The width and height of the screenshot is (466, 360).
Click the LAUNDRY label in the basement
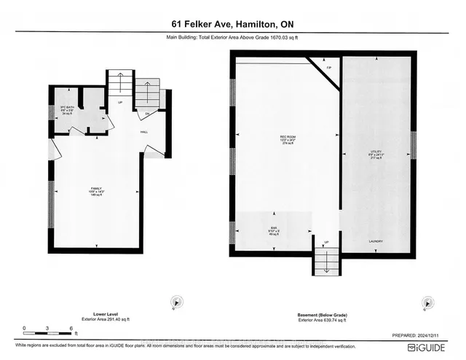point(376,241)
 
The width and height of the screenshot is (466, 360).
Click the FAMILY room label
point(95,189)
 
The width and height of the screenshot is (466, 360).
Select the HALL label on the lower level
point(146,131)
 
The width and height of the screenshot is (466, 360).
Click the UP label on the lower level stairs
point(120,102)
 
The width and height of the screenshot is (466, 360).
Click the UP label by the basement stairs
point(326,241)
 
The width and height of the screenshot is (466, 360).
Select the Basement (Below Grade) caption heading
point(323,314)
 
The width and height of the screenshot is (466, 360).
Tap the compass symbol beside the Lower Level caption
point(175,300)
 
